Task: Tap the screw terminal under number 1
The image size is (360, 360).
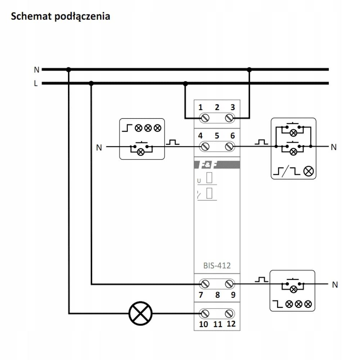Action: pos(204,118)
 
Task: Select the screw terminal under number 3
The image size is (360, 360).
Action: pos(229,118)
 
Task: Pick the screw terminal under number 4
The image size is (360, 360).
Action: pos(204,147)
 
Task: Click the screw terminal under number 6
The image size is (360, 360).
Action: pos(229,147)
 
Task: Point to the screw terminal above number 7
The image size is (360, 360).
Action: pos(204,284)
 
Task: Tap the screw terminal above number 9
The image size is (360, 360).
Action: pos(229,284)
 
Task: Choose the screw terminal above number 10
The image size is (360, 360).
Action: pos(204,314)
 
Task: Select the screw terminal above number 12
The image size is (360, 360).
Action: pos(229,314)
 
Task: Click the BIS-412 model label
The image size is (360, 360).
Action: pos(217,266)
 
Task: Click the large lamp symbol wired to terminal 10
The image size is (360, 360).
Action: pos(140,314)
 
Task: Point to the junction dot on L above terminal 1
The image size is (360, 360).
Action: pos(185,84)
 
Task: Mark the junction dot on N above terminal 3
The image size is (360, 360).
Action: pos(249,69)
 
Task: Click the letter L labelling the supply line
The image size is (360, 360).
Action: pos(36,84)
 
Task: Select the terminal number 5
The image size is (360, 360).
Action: pos(217,136)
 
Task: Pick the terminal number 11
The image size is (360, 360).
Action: pos(218,324)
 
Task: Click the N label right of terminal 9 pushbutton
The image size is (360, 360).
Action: pos(335,285)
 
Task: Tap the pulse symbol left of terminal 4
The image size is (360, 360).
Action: pos(173,142)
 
